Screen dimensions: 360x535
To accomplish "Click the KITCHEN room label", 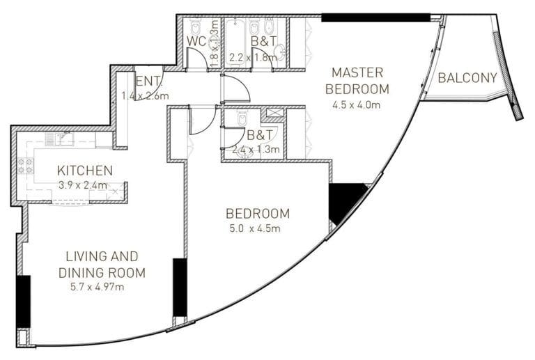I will [x=84, y=171].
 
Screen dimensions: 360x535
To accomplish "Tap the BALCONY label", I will [x=467, y=78].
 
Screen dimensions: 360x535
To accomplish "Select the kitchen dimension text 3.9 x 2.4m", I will [x=83, y=185].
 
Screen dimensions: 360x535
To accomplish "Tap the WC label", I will [x=196, y=41].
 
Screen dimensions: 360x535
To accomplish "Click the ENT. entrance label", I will [x=148, y=81].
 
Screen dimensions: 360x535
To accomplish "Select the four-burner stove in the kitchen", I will [x=26, y=166].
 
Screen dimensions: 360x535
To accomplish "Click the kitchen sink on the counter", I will [x=61, y=139].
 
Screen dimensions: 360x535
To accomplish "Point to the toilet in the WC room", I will [x=196, y=26].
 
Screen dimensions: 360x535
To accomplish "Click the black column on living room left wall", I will [x=23, y=301].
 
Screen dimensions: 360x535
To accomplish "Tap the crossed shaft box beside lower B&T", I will [x=274, y=113].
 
